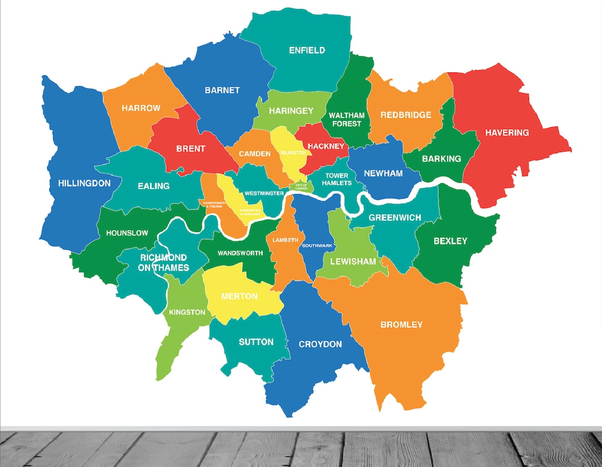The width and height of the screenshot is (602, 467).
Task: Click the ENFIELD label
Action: pos(307,50)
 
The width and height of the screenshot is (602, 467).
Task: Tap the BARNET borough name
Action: pos(222,90)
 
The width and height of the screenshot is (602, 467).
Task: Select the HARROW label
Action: pos(141,108)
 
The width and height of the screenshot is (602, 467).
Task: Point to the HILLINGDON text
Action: pos(84,183)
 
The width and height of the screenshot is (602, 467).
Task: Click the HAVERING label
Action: pos(507,133)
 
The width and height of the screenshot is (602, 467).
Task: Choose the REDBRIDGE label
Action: pos(406,115)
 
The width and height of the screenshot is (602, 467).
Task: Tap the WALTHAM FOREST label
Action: pos(346,119)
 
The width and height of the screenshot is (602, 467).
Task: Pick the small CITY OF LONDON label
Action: pos(301,187)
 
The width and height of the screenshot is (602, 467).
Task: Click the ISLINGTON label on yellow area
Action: pos(293,152)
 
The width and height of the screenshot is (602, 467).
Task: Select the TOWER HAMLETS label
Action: pos(337,179)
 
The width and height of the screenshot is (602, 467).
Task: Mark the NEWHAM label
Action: pos(383,173)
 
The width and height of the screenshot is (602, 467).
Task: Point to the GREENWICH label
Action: pos(395,217)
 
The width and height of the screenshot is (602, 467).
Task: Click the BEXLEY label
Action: pos(450,241)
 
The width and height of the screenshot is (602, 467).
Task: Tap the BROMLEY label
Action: pos(401,324)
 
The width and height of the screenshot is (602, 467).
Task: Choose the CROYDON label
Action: pos(320,344)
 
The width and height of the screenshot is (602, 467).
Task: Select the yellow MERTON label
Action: pos(239,296)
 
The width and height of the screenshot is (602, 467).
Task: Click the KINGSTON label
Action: pos(187,312)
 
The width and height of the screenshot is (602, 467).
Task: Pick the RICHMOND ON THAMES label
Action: pos(164,262)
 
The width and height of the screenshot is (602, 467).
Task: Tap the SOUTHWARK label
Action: pos(317,245)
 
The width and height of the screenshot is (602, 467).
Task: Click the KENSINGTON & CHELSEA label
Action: pos(250,212)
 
